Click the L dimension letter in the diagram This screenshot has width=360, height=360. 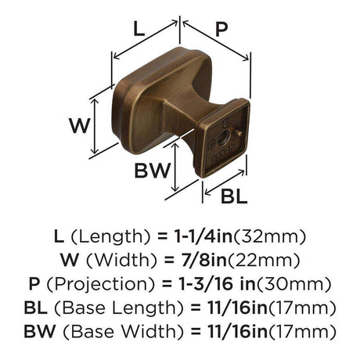coord(139,29)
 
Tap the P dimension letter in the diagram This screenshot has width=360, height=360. coord(221,29)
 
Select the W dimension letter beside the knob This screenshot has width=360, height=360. coord(80,126)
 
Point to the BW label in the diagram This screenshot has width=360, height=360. coord(152,171)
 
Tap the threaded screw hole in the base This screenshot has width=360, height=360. coord(223,136)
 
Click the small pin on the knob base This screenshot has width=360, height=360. coord(239,134)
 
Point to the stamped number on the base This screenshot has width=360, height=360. coord(223,155)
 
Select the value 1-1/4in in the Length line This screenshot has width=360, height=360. coord(203,236)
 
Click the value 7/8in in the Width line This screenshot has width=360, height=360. coord(204,260)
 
